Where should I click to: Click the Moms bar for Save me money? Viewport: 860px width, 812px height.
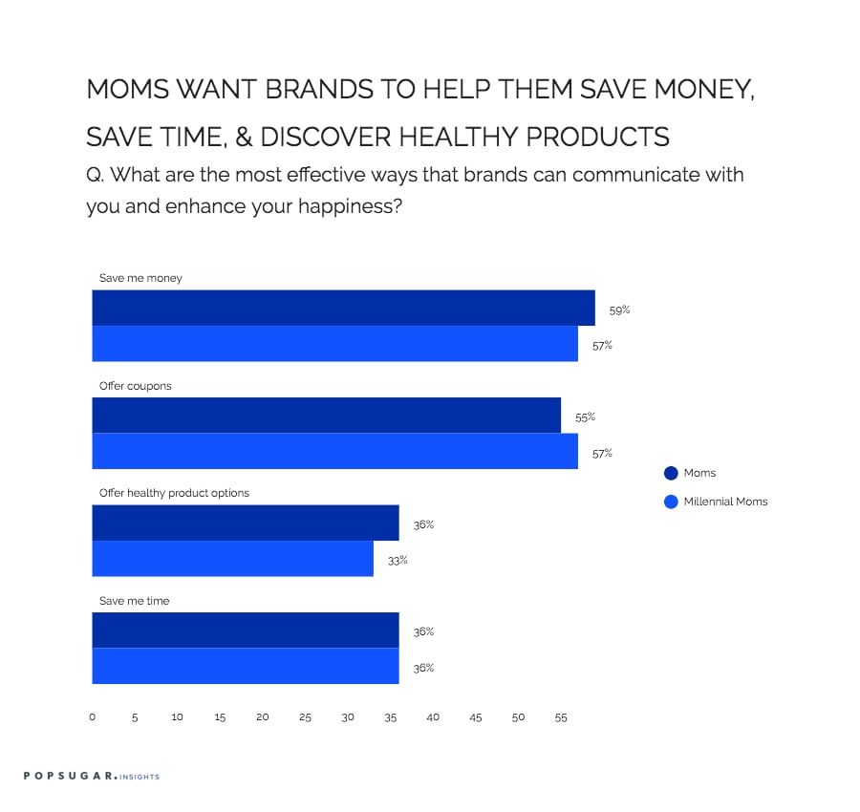pyautogui.click(x=343, y=308)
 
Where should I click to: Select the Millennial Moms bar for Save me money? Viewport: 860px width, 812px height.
pyautogui.click(x=335, y=344)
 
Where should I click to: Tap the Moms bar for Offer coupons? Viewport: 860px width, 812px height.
pyautogui.click(x=327, y=415)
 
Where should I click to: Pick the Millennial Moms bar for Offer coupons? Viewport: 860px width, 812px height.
pyautogui.click(x=335, y=451)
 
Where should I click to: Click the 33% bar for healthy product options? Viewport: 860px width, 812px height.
pyautogui.click(x=232, y=559)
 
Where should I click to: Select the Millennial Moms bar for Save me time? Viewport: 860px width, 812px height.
pyautogui.click(x=246, y=666)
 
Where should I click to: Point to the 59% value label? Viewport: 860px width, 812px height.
pyautogui.click(x=619, y=310)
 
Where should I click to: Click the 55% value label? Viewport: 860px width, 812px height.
pyautogui.click(x=585, y=417)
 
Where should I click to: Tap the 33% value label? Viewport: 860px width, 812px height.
pyautogui.click(x=398, y=561)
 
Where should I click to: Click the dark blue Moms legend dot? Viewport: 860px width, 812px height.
pyautogui.click(x=671, y=473)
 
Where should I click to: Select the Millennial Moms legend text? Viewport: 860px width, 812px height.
pyautogui.click(x=725, y=502)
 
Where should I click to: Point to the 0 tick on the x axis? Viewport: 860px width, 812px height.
pyautogui.click(x=92, y=717)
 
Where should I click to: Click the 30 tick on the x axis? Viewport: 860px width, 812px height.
pyautogui.click(x=348, y=717)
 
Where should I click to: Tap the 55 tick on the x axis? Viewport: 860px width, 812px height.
pyautogui.click(x=561, y=717)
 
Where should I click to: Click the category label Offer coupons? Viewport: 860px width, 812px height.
pyautogui.click(x=135, y=386)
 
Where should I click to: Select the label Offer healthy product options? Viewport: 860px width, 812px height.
pyautogui.click(x=174, y=493)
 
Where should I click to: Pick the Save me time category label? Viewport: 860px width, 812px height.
pyautogui.click(x=134, y=601)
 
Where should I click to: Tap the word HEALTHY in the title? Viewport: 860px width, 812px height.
pyautogui.click(x=458, y=137)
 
